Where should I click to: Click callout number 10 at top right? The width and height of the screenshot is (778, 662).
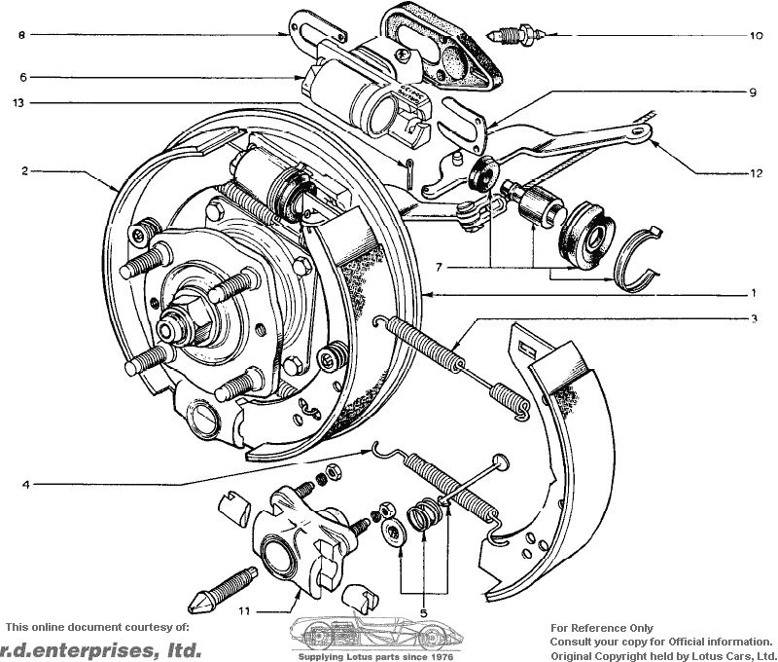[756, 35]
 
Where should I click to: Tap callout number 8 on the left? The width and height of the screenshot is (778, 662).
[20, 35]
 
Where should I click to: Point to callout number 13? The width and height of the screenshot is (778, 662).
[18, 103]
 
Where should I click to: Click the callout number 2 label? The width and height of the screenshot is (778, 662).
[24, 170]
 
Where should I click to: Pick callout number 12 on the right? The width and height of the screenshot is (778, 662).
[756, 173]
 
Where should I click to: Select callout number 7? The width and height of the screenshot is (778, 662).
[439, 268]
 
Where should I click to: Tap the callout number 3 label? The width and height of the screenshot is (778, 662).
[754, 318]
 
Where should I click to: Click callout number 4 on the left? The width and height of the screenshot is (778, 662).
[26, 484]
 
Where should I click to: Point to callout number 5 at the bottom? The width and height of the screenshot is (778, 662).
[423, 612]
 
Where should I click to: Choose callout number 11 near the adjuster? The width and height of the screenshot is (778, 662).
[244, 610]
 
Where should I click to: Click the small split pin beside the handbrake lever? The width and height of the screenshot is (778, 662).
[408, 173]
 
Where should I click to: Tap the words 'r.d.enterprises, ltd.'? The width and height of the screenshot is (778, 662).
[101, 650]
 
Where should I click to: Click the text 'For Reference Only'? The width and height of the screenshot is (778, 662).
[601, 628]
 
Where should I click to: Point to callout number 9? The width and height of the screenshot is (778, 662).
[753, 92]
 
